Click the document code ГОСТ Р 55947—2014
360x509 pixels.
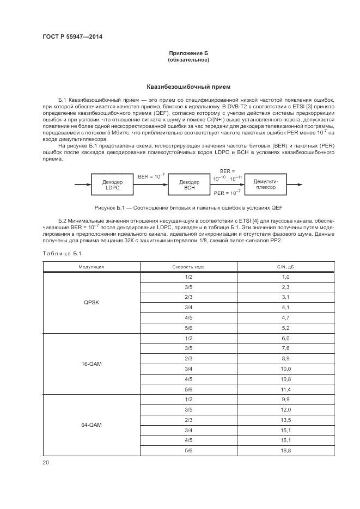click(x=72, y=36)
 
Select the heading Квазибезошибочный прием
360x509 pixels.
click(x=188, y=87)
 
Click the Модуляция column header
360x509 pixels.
click(x=91, y=267)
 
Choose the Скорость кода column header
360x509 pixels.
click(x=188, y=267)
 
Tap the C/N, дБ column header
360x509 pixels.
click(x=285, y=267)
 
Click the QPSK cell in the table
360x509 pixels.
click(x=91, y=303)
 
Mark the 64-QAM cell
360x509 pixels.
click(x=91, y=425)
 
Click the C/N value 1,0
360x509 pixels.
click(x=285, y=277)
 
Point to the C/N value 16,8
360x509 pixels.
click(x=285, y=451)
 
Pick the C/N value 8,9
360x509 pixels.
click(x=285, y=359)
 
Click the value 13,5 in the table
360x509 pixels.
click(x=285, y=420)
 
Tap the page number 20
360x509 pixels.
click(x=46, y=463)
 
